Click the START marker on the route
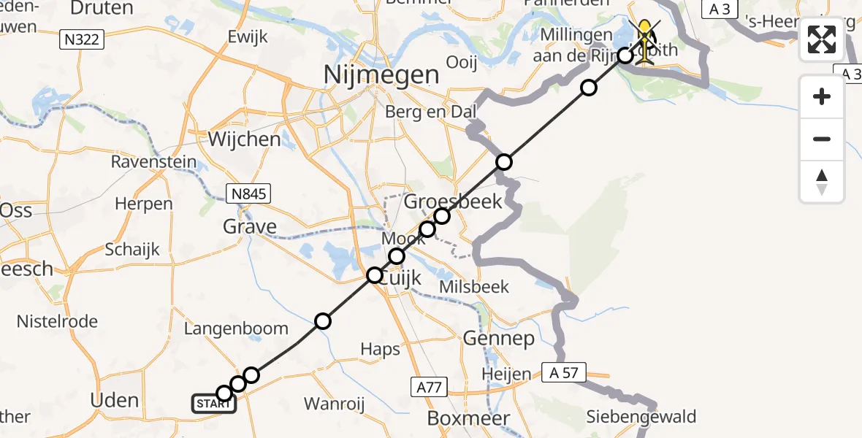213,403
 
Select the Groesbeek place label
454,201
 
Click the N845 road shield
248,193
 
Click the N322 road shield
82,39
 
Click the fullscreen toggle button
822,39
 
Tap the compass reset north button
822,182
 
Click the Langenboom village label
236,328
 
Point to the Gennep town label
499,339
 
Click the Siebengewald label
641,418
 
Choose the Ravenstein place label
154,162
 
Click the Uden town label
115,400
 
